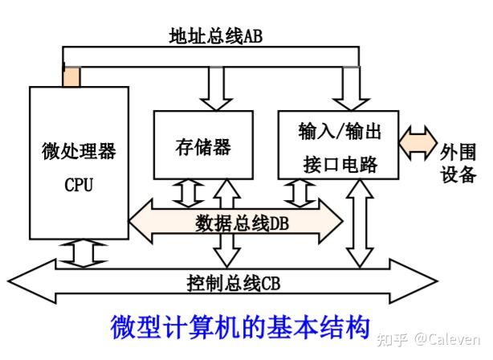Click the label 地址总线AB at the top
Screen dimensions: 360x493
tap(215, 37)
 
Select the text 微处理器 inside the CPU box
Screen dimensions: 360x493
tap(79, 151)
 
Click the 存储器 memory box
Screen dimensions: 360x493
tap(202, 145)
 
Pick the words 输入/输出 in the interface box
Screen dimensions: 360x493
tap(337, 130)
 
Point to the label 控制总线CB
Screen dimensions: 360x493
tap(233, 283)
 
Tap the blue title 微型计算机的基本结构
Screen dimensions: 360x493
tap(239, 325)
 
